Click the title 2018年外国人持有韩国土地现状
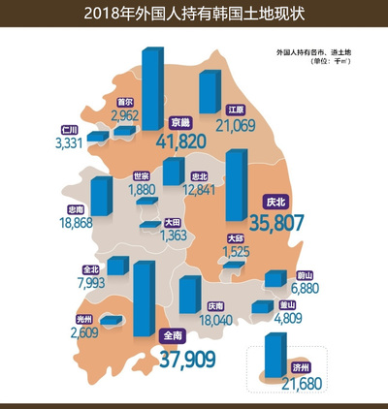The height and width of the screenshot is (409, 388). (194, 13)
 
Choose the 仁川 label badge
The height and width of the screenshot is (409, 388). (69, 129)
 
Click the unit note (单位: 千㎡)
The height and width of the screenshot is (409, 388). (330, 61)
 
